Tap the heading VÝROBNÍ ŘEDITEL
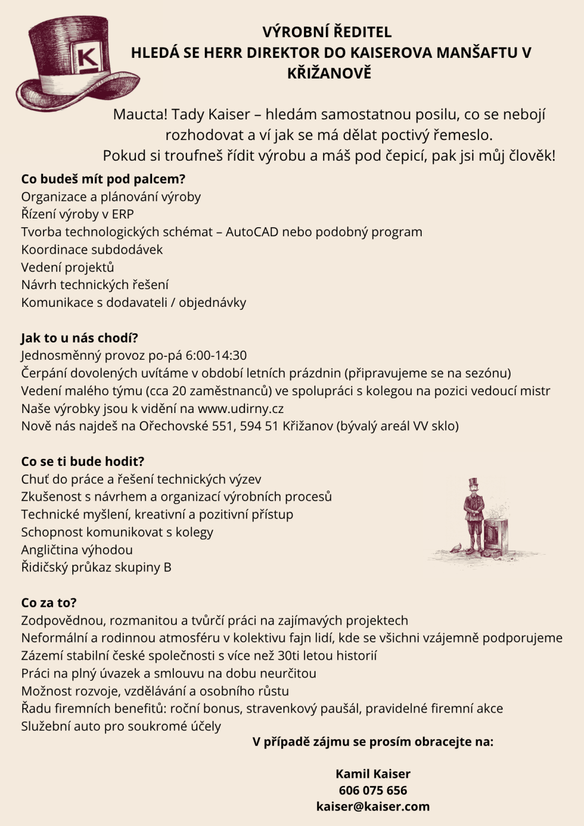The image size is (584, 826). coord(327,32)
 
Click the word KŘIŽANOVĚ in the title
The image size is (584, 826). coord(329,73)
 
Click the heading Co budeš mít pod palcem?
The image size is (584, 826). coord(103,179)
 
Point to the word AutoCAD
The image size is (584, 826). coord(252,232)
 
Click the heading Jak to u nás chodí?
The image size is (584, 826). coord(80,338)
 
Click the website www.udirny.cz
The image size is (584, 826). coord(240,408)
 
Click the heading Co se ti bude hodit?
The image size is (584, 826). coord(83,461)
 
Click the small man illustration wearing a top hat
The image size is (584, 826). coord(474,513)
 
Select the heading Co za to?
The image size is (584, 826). coord(49,603)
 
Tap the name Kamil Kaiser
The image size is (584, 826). coord(373,774)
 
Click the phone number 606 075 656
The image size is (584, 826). coord(373,790)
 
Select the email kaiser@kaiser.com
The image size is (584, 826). coord(373,806)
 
